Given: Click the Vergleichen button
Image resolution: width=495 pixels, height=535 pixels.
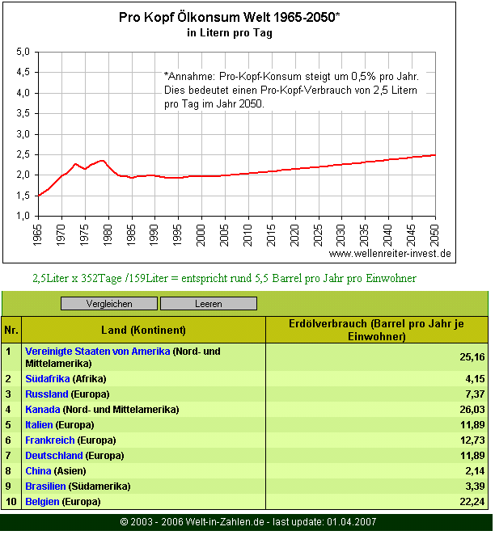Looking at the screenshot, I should pyautogui.click(x=109, y=304).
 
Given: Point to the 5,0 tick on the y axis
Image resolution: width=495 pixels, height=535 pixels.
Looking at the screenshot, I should pyautogui.click(x=23, y=52).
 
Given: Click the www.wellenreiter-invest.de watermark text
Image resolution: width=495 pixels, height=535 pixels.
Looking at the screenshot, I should pyautogui.click(x=390, y=253).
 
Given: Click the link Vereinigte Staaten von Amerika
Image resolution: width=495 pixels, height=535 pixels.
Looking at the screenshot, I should pyautogui.click(x=98, y=352).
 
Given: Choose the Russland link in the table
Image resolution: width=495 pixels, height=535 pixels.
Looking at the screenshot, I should pyautogui.click(x=47, y=394).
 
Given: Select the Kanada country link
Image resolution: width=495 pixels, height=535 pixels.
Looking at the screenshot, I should pyautogui.click(x=42, y=410).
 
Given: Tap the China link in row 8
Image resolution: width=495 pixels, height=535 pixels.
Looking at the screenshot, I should pyautogui.click(x=38, y=470).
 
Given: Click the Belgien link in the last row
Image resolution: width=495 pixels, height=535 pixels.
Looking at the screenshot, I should pyautogui.click(x=42, y=502).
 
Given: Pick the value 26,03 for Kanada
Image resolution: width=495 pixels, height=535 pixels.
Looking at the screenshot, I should pyautogui.click(x=471, y=410).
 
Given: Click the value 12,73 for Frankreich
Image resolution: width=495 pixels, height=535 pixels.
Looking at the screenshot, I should pyautogui.click(x=471, y=440).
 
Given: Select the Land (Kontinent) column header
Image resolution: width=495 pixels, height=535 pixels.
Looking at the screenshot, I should pyautogui.click(x=143, y=330).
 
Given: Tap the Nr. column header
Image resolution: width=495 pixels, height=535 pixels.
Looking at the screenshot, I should pyautogui.click(x=11, y=330).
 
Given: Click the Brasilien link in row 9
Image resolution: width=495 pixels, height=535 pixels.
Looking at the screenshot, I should pyautogui.click(x=46, y=486).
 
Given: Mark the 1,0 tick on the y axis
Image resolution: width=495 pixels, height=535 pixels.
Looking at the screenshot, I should pyautogui.click(x=23, y=216).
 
